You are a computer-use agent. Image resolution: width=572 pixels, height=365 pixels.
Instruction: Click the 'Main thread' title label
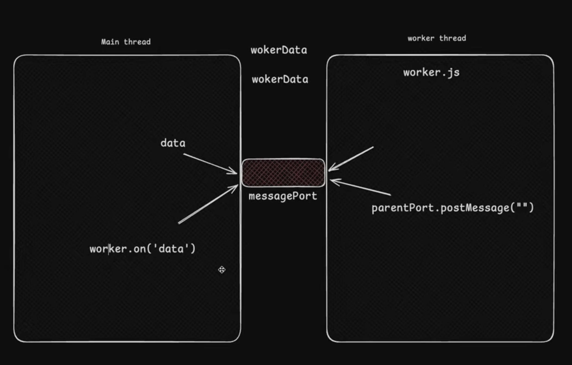pyautogui.click(x=126, y=42)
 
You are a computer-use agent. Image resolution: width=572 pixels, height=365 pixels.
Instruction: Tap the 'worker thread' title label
pyautogui.click(x=437, y=38)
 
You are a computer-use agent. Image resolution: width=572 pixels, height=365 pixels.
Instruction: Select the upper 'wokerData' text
pyautogui.click(x=279, y=50)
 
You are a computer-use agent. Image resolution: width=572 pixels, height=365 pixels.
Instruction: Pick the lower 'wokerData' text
pyautogui.click(x=280, y=79)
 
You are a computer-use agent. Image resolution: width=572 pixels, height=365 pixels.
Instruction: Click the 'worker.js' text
pyautogui.click(x=431, y=72)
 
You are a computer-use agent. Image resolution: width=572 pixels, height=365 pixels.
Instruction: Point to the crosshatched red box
pyautogui.click(x=283, y=173)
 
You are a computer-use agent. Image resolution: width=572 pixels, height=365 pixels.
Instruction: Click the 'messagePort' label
pyautogui.click(x=283, y=196)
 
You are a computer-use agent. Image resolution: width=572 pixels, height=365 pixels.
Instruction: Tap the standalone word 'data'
pyautogui.click(x=173, y=143)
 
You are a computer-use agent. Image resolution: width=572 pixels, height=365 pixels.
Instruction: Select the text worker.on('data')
pyautogui.click(x=142, y=249)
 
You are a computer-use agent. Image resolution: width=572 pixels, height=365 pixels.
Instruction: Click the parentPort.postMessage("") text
pyautogui.click(x=452, y=208)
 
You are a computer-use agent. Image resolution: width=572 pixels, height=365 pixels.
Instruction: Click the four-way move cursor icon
pyautogui.click(x=222, y=270)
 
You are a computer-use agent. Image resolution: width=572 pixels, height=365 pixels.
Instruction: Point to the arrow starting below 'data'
pyautogui.click(x=210, y=164)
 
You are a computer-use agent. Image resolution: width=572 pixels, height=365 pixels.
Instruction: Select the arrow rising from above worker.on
pyautogui.click(x=208, y=204)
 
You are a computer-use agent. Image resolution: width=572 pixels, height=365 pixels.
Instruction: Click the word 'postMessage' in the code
pyautogui.click(x=475, y=208)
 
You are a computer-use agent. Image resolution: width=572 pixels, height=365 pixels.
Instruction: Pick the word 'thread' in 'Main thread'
pyautogui.click(x=137, y=42)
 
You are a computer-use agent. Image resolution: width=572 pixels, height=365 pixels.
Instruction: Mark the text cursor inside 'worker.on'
pyautogui.click(x=109, y=249)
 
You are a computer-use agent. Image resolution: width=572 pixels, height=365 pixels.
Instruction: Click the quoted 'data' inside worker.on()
pyautogui.click(x=171, y=249)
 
